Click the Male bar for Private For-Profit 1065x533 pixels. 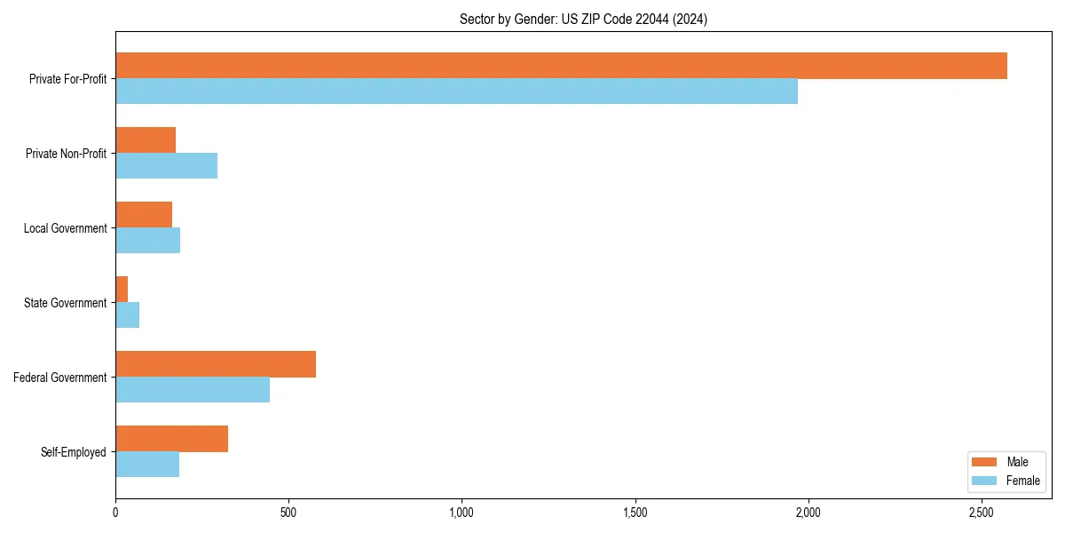(x=561, y=66)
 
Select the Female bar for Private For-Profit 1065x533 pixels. (x=456, y=91)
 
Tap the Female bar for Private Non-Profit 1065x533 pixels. (x=166, y=166)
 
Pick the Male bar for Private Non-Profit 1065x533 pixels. (x=146, y=140)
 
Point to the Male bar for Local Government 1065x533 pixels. (x=144, y=215)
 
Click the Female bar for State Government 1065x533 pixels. (x=127, y=315)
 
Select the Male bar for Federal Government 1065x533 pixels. (x=216, y=364)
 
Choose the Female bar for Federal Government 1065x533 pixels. (x=193, y=390)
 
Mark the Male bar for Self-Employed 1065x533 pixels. (x=171, y=439)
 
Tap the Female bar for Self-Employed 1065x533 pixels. (x=147, y=465)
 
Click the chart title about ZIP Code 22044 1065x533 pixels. (x=583, y=19)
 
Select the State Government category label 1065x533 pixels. (x=66, y=303)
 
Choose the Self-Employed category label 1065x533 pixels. (x=74, y=452)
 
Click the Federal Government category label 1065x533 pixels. (x=60, y=378)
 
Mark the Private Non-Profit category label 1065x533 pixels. (x=66, y=154)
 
